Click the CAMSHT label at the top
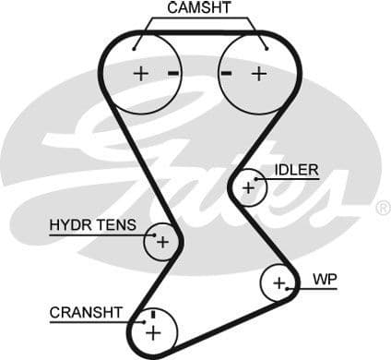tap(199, 9)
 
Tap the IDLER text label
tap(296, 170)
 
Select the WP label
tap(325, 278)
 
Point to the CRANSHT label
tap(86, 313)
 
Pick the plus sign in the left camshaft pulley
tap(140, 73)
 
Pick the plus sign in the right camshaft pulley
tap(258, 73)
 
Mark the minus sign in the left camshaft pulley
tap(172, 72)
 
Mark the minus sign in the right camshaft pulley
tap(227, 72)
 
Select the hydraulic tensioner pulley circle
tap(161, 242)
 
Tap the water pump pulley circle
tap(278, 282)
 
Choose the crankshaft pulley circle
tap(152, 330)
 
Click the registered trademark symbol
tap(383, 210)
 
